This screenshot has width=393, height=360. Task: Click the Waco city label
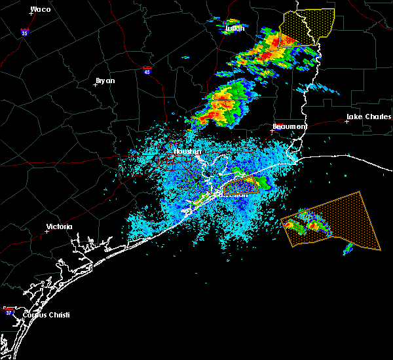tap(41, 9)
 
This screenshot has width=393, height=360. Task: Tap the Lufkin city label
tap(234, 29)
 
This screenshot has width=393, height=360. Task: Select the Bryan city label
tap(105, 81)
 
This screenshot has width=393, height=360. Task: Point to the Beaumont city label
tap(290, 126)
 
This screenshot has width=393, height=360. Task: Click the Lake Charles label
tap(368, 117)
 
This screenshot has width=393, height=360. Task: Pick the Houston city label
tap(187, 152)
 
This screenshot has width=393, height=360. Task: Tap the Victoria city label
tap(60, 227)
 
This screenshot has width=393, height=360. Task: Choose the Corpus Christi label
tap(45, 315)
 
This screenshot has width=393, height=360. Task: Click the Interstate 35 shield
tap(24, 32)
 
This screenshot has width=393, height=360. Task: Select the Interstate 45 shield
tap(147, 69)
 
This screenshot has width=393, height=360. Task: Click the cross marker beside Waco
tap(31, 13)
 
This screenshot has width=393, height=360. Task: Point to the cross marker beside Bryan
tap(96, 84)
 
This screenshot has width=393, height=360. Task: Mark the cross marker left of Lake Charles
tap(346, 121)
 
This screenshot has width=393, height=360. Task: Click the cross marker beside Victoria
tap(47, 231)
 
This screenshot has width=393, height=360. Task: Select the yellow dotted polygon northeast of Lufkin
tap(306, 27)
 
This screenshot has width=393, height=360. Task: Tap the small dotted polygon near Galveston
tap(241, 187)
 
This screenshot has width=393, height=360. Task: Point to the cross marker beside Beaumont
tap(272, 130)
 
